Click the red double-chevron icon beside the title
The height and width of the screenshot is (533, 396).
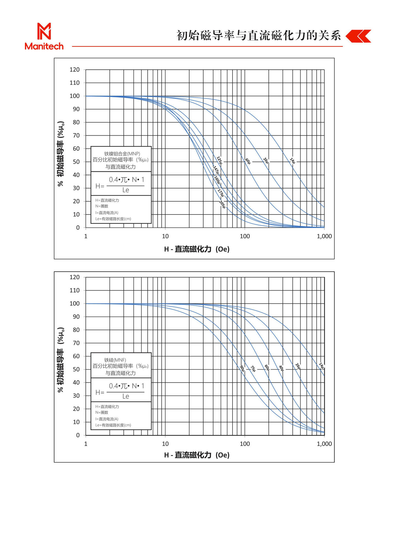click(358, 36)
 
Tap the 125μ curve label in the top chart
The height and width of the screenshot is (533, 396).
click(219, 160)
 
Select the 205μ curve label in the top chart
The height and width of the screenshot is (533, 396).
click(222, 204)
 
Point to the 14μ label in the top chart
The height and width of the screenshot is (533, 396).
click(292, 161)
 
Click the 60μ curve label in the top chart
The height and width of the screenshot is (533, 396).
click(248, 161)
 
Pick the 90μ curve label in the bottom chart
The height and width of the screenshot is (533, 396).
click(242, 368)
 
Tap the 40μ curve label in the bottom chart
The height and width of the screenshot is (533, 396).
click(281, 368)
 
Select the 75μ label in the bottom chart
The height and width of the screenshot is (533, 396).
click(253, 369)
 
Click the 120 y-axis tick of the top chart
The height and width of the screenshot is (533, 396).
click(75, 70)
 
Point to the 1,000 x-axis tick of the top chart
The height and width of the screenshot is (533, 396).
click(324, 236)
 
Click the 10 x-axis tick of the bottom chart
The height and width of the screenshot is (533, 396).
click(165, 444)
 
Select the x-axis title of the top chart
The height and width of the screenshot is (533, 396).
click(197, 249)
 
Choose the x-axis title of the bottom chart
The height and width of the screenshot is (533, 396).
click(197, 455)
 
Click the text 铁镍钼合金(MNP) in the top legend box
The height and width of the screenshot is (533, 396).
click(122, 154)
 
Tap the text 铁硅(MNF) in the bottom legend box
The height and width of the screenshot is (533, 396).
click(115, 360)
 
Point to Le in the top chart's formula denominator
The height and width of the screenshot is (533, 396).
click(126, 190)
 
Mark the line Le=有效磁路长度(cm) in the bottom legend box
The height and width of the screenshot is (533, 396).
click(113, 425)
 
